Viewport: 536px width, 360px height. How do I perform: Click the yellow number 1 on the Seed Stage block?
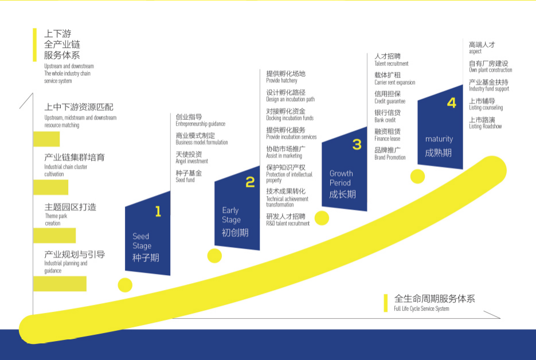click(158, 212)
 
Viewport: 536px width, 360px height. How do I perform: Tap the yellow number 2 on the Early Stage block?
click(250, 182)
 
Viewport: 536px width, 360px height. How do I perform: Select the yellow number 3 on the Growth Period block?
click(357, 144)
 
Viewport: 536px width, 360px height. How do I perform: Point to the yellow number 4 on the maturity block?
click(452, 103)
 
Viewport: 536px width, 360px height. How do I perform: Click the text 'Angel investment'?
click(191, 162)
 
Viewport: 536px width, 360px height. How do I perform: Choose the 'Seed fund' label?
click(185, 180)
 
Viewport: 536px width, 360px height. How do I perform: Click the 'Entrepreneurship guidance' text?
click(200, 124)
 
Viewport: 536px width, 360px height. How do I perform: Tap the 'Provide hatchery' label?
click(281, 81)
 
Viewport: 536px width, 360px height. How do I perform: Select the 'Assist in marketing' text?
click(284, 156)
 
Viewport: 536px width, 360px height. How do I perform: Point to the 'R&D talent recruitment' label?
click(288, 224)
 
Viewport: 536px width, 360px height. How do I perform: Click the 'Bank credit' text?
click(385, 120)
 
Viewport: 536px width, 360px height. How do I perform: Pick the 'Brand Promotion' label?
click(390, 158)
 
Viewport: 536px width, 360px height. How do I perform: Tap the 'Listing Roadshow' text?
click(485, 127)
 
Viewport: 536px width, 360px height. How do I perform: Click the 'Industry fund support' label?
click(488, 89)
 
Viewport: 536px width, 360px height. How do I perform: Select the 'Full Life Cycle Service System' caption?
click(421, 309)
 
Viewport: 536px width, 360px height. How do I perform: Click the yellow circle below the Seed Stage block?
click(124, 284)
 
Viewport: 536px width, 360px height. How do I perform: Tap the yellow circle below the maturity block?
click(417, 176)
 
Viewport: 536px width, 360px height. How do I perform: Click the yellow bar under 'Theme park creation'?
click(54, 236)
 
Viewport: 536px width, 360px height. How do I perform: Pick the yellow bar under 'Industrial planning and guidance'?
click(60, 284)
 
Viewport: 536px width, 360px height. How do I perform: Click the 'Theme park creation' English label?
click(52, 220)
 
